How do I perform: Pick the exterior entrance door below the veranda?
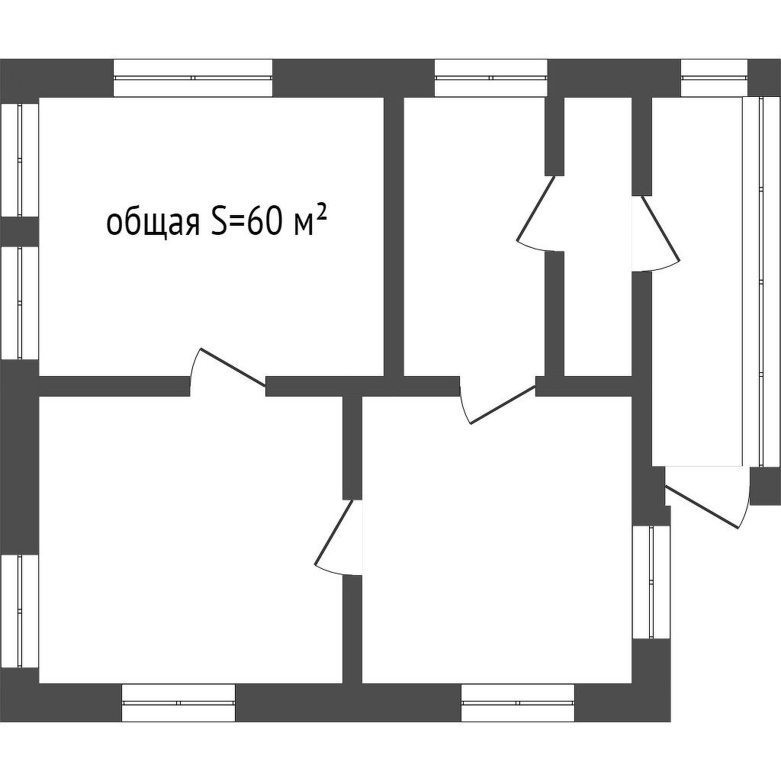705,503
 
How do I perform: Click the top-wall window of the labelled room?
192,78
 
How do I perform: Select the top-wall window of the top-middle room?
491,78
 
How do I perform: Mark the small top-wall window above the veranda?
713,78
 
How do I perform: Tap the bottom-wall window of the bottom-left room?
178,702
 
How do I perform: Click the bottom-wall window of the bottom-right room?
518,702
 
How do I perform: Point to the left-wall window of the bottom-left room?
19,610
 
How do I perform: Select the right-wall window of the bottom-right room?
651,582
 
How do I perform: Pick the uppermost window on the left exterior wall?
19,160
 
